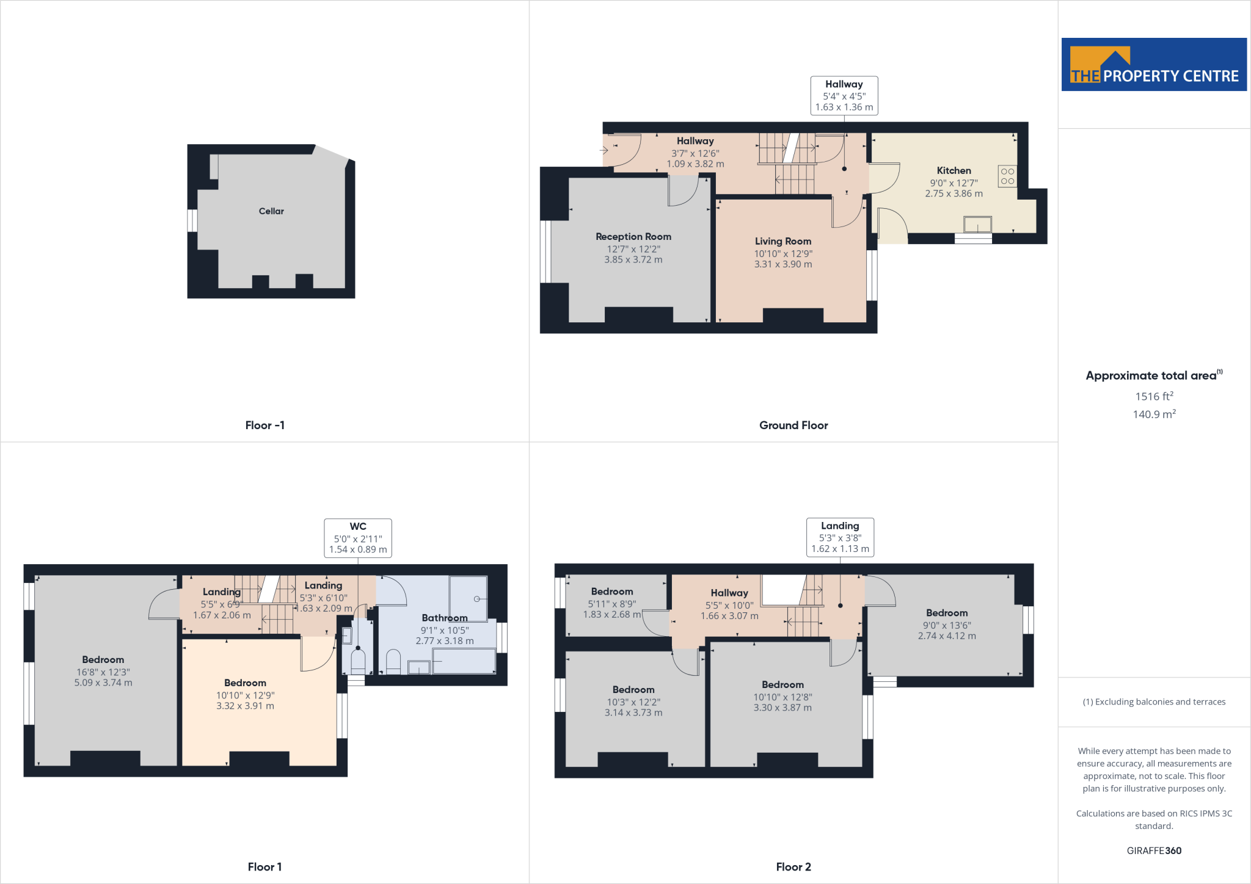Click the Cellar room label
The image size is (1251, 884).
271,211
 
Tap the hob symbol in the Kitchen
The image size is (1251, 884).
1007,176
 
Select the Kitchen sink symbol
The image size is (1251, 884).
977,225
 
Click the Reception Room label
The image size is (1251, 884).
633,237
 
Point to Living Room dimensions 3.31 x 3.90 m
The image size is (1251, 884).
782,264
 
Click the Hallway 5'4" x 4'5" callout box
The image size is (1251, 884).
844,95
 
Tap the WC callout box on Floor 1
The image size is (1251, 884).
358,538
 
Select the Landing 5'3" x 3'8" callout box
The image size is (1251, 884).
840,537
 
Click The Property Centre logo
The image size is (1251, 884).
1154,65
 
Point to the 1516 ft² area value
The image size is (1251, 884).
1154,396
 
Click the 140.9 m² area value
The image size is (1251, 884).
1154,414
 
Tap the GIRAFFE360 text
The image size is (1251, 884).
1154,850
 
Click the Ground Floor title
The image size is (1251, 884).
793,426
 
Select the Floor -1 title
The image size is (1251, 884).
264,426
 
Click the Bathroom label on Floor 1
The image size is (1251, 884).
445,618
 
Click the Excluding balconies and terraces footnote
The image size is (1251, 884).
1154,702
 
